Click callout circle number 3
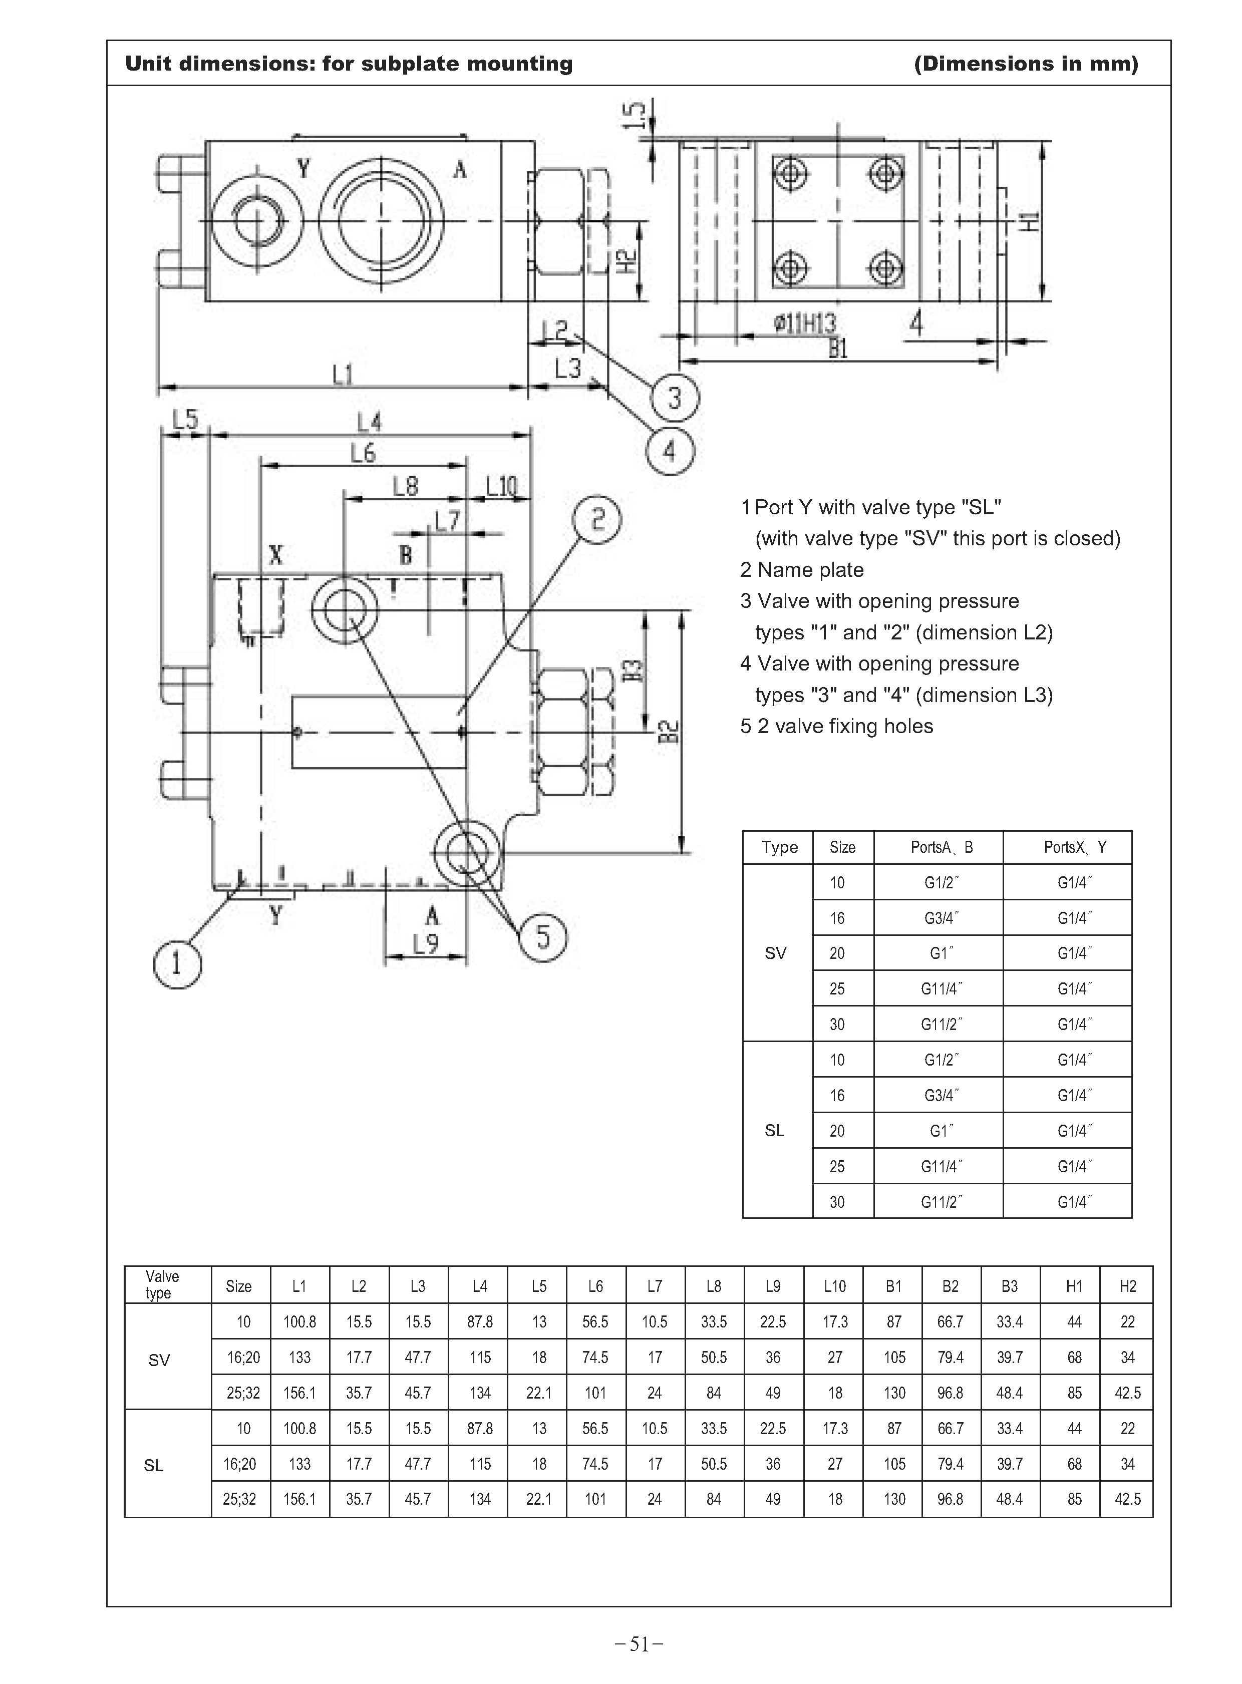[675, 398]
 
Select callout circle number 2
[597, 519]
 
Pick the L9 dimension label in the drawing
[426, 943]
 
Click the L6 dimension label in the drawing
[363, 453]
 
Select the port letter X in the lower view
[276, 555]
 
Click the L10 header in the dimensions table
[834, 1286]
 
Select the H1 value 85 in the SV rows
[1074, 1393]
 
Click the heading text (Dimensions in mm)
[1026, 64]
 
